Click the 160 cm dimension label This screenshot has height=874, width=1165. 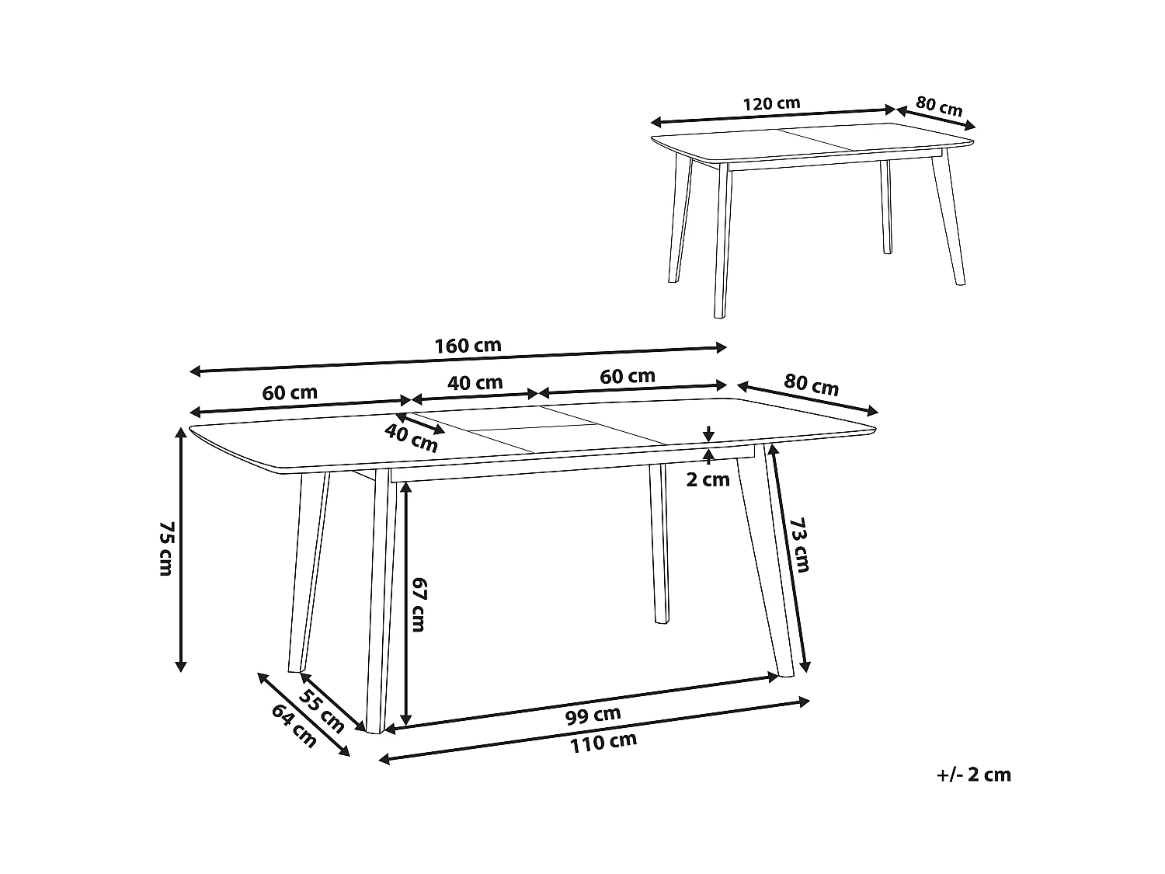(x=468, y=346)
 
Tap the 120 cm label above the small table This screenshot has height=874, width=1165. (x=771, y=103)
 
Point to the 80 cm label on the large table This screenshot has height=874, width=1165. (x=811, y=385)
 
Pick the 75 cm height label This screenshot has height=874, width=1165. (x=165, y=548)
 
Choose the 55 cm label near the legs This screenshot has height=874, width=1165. (x=322, y=711)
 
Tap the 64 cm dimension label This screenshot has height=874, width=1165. (x=294, y=726)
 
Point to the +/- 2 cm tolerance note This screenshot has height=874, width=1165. (x=974, y=775)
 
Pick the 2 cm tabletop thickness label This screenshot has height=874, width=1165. (x=708, y=479)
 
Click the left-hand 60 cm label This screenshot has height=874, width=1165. (x=290, y=392)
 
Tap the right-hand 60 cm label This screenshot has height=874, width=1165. (x=628, y=376)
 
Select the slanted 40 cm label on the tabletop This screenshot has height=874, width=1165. (x=412, y=439)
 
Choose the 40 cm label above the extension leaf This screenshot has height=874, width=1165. (x=476, y=382)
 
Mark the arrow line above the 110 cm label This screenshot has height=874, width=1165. (x=595, y=730)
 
